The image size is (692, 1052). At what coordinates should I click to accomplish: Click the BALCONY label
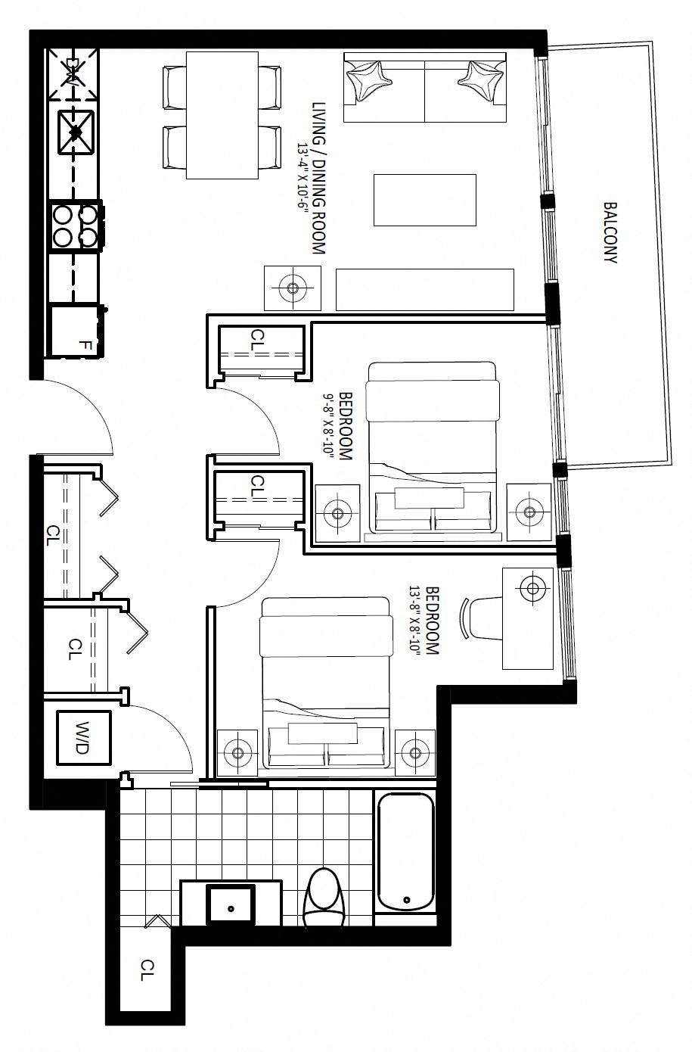point(610,232)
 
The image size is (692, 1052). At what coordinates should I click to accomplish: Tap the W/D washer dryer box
point(84,737)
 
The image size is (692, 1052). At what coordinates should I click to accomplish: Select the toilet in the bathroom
point(324,897)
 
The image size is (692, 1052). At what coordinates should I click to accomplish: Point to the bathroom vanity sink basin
point(231,904)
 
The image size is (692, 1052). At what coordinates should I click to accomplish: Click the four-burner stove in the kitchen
point(75,226)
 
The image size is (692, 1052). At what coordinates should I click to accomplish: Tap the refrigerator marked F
point(76,331)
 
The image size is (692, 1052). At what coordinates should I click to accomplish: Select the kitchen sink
point(76,132)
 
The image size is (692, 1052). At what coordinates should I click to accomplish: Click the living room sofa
point(425,87)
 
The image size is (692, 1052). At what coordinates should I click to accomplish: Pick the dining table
point(222,115)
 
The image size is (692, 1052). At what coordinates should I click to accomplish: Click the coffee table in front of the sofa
point(425,200)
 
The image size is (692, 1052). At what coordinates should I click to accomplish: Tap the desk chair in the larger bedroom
point(481,618)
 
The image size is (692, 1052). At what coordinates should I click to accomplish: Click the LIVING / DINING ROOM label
point(319,179)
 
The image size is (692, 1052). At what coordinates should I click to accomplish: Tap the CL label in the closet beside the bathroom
point(147,970)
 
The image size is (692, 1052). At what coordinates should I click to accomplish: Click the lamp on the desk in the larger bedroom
point(532,588)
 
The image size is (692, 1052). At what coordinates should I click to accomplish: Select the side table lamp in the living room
point(293,288)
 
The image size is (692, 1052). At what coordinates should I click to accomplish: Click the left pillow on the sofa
point(368,79)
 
